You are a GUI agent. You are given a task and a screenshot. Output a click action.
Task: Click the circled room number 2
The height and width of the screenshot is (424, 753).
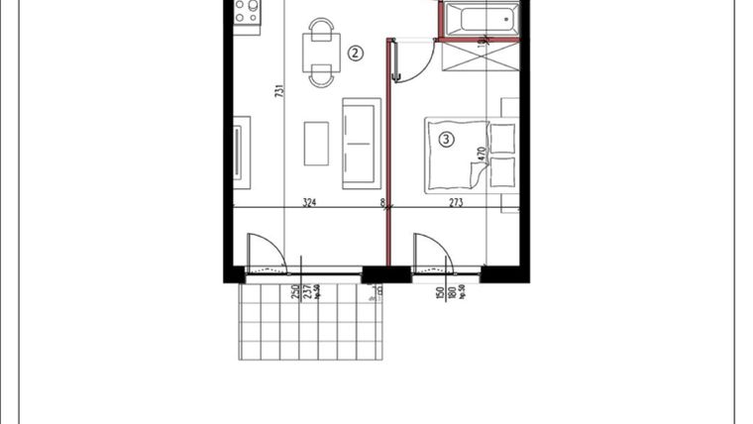tap(355, 53)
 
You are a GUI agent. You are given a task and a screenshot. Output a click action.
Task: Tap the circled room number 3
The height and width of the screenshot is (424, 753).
tap(447, 141)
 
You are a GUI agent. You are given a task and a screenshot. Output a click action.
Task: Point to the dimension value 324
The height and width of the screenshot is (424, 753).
tap(308, 203)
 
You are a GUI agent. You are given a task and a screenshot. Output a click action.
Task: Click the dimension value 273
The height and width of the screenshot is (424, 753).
tap(455, 203)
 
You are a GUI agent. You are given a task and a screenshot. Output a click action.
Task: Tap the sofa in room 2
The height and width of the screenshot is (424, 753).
tap(361, 143)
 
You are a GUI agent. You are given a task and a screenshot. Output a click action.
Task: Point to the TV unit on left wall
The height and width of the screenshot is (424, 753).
tap(241, 149)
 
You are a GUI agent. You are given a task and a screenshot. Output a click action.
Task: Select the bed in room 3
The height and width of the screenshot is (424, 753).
tap(457, 155)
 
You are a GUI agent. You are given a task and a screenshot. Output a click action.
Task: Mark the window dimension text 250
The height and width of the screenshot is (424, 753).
tap(295, 293)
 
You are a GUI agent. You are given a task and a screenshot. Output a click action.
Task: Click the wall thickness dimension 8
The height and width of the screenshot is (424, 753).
tap(381, 203)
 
